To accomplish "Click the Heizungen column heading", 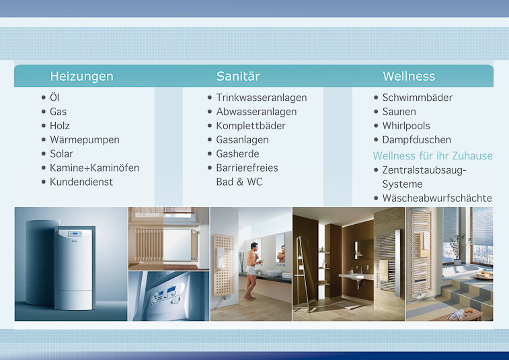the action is [82, 76].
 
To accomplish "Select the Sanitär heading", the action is [238, 76].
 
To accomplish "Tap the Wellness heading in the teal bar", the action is [409, 76].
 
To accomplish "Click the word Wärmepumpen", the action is [85, 140].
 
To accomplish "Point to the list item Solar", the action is [61, 153].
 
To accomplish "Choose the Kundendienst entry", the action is [81, 182].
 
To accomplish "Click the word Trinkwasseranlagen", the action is [262, 98].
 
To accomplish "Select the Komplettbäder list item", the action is [251, 126].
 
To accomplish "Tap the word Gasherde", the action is [237, 153].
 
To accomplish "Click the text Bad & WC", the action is [239, 182].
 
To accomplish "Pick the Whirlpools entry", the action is [406, 126].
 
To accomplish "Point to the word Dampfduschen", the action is [417, 140].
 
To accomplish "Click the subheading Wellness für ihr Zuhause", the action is [433, 156].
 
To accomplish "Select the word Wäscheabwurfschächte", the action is [437, 199].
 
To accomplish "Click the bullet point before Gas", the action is [44, 112].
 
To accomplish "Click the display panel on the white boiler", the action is [75, 233].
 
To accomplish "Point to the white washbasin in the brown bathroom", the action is [356, 277].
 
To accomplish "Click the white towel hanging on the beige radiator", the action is [221, 258].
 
